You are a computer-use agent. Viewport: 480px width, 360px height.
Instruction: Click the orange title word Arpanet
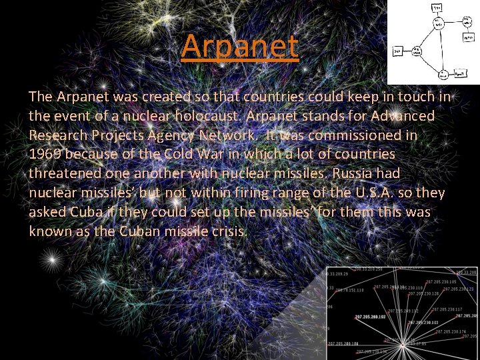point(239,46)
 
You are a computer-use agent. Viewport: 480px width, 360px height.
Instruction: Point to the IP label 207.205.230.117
point(450,309)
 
